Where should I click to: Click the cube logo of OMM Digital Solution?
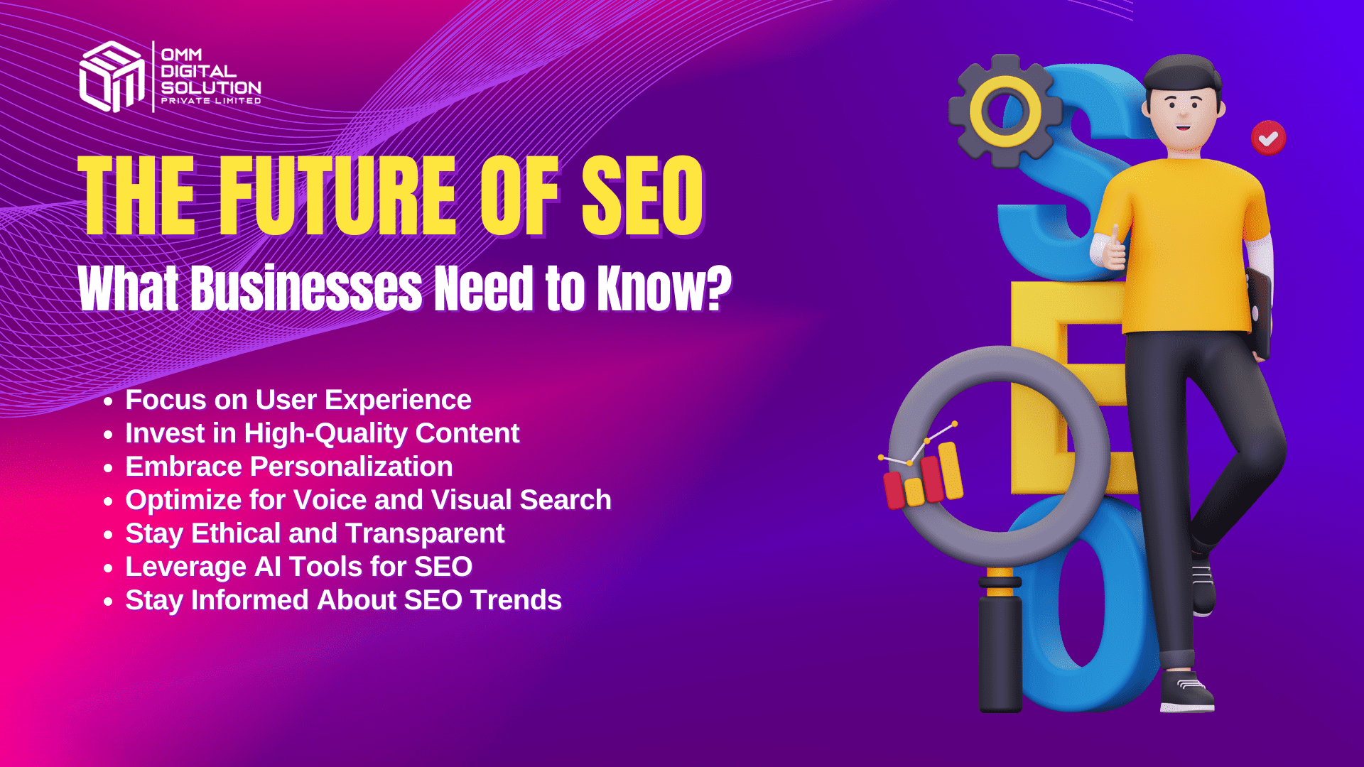(112, 77)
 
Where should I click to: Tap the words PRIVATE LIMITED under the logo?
(211, 101)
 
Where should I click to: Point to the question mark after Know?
(719, 288)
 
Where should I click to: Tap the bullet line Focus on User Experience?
(298, 400)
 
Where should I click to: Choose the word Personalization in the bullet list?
(351, 467)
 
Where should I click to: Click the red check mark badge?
(1268, 138)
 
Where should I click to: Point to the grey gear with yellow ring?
(1005, 111)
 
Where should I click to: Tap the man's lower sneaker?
(1186, 692)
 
